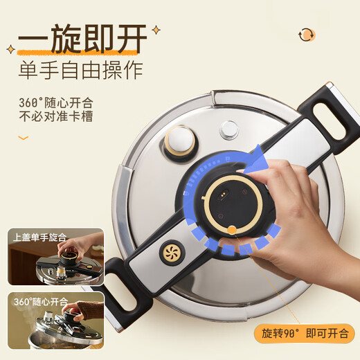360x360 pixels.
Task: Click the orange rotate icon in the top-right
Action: point(305,34)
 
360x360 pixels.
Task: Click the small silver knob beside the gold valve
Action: point(228,129)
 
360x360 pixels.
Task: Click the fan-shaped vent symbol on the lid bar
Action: point(171,252)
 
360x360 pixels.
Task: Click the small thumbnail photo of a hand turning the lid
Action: point(55,259)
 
